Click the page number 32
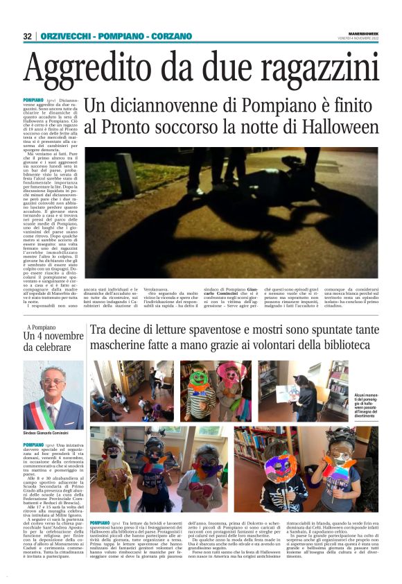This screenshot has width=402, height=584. coord(28,36)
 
